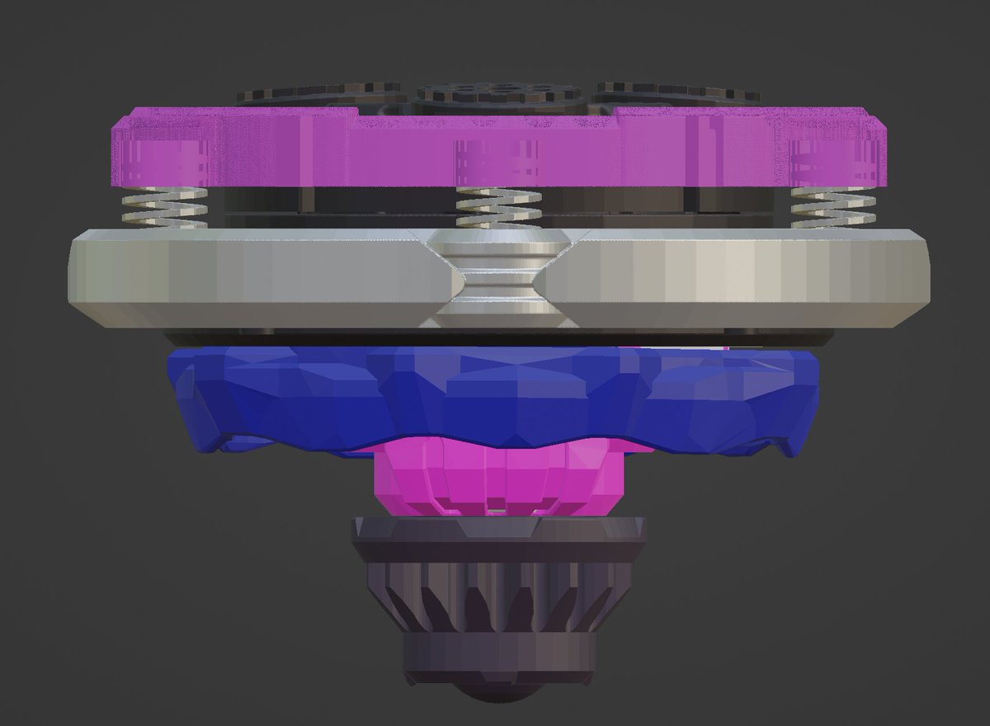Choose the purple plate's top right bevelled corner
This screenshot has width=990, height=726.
click(878, 122)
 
